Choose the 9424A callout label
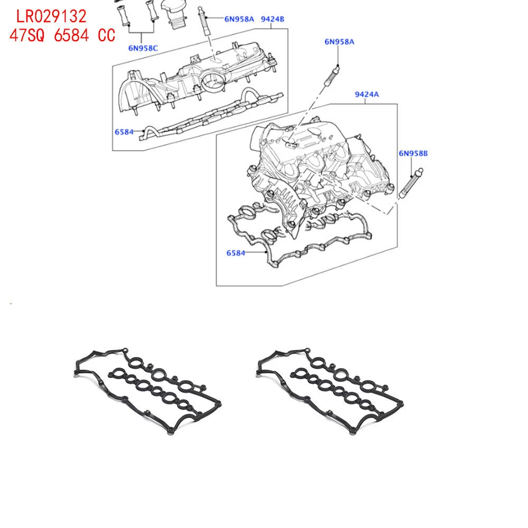[x=367, y=95]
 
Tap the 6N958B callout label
[x=413, y=154]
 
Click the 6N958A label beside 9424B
[x=239, y=19]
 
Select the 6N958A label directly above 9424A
[x=340, y=42]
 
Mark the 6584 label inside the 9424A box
[x=235, y=253]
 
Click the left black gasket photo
[x=146, y=391]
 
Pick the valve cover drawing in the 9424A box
[x=317, y=169]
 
